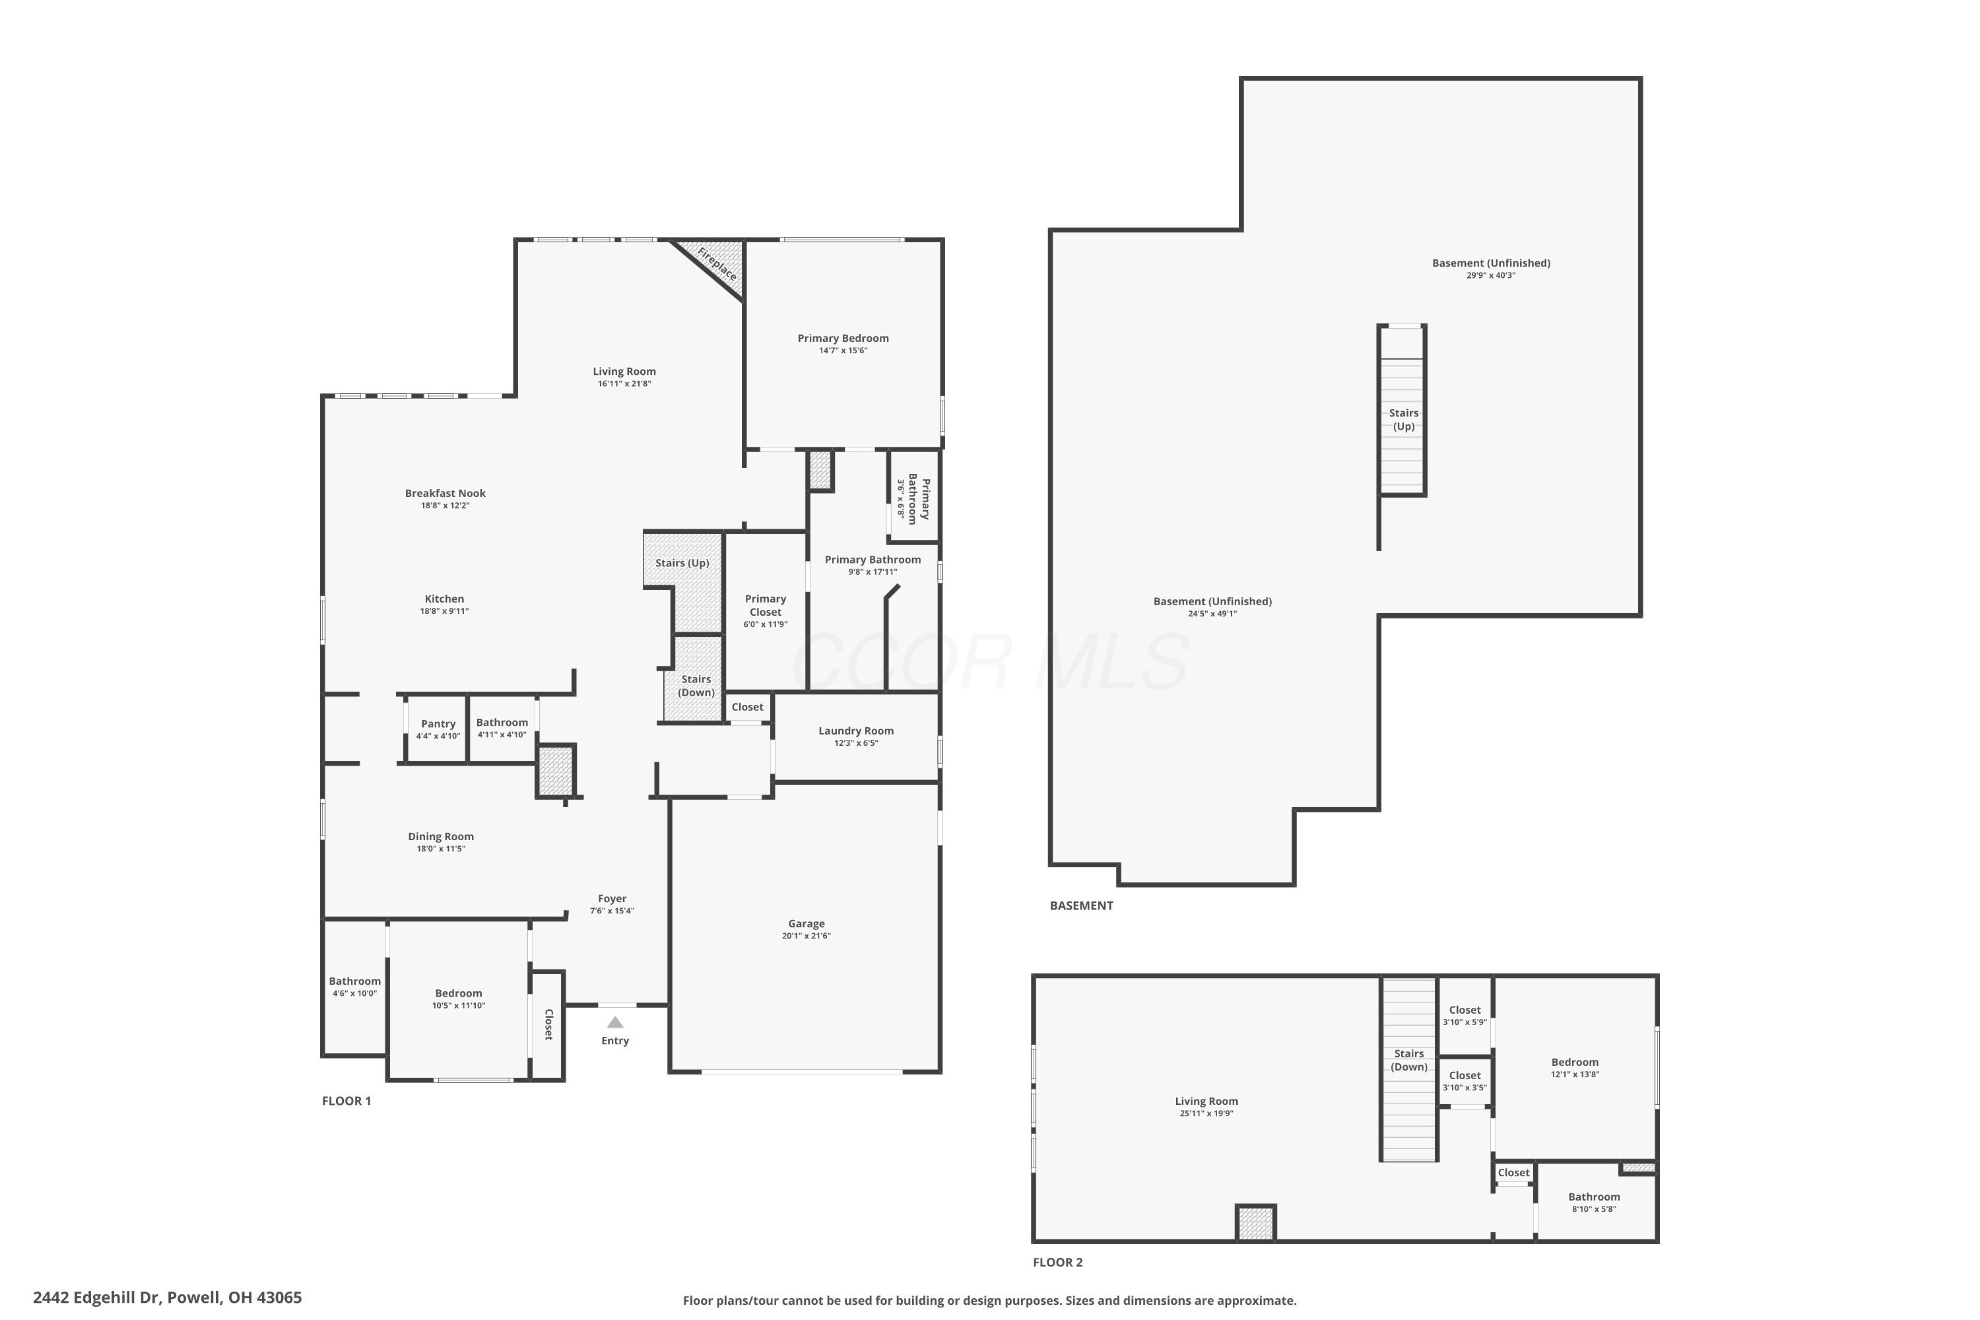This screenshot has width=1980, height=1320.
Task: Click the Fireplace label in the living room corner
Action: coord(716,263)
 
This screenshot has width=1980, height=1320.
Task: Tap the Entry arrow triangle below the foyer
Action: coord(615,1022)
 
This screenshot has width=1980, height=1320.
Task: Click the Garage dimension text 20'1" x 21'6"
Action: coord(806,936)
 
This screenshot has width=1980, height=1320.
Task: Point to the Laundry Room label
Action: coord(855,731)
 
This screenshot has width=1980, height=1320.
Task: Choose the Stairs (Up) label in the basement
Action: coord(1403,419)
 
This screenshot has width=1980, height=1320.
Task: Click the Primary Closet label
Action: coord(765,605)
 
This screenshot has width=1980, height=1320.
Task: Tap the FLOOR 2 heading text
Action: coord(1057,1262)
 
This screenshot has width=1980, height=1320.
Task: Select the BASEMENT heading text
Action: coord(1081,906)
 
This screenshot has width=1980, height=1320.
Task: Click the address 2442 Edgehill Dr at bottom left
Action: coord(167,1298)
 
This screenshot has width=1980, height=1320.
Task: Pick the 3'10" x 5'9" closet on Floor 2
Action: coord(1465,1015)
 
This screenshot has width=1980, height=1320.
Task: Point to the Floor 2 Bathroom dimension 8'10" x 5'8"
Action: coord(1594,1210)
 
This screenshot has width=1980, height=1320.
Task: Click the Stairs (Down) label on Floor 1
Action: coord(696,685)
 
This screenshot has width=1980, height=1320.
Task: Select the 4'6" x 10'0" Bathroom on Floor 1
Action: coord(354,987)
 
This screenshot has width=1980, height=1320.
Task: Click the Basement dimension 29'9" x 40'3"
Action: coord(1490,275)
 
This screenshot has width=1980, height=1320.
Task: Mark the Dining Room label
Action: coord(440,836)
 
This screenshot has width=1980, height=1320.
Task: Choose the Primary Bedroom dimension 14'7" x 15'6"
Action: coord(843,351)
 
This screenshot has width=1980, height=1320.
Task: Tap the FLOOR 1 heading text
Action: coord(346,1101)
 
